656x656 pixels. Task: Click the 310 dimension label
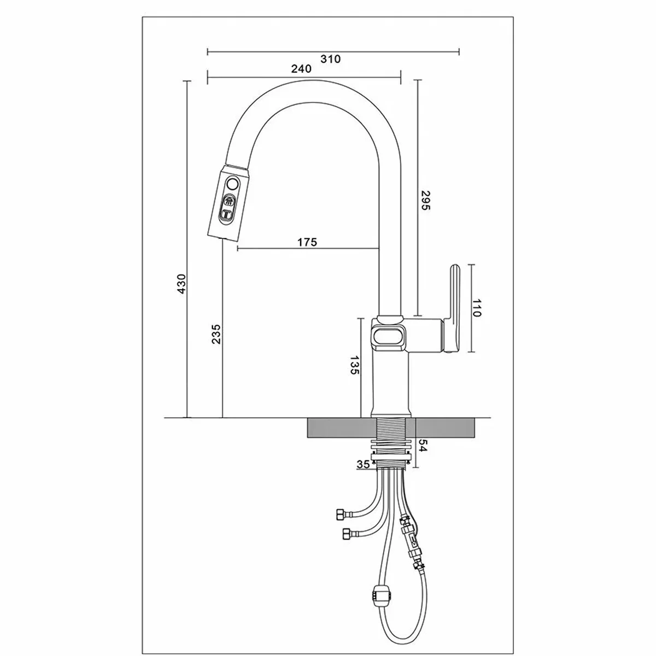pyautogui.click(x=330, y=59)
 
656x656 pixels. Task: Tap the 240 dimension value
pyautogui.click(x=301, y=69)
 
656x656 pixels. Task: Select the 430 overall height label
pyautogui.click(x=181, y=284)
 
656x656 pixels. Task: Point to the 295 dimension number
pyautogui.click(x=426, y=200)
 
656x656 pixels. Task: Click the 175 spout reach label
pyautogui.click(x=307, y=242)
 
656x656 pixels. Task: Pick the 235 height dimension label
pyautogui.click(x=216, y=334)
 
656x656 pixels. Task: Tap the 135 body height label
pyautogui.click(x=355, y=365)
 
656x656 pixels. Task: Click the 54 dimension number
pyautogui.click(x=422, y=445)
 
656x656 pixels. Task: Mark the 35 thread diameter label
pyautogui.click(x=363, y=464)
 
